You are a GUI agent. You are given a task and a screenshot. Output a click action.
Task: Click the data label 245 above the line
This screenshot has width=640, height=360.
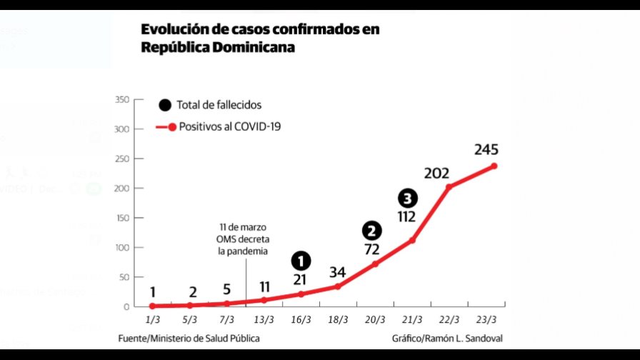click(x=485, y=150)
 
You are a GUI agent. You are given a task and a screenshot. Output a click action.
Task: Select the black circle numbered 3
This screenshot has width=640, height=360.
click(x=407, y=199)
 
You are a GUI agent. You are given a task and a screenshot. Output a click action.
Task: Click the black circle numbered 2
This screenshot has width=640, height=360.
click(x=372, y=231)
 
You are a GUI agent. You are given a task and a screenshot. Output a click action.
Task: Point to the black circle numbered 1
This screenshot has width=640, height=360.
click(x=301, y=261)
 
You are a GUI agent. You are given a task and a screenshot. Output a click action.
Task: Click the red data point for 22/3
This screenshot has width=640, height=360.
click(x=449, y=187)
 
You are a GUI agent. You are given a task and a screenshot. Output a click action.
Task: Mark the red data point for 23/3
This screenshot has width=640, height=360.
click(x=494, y=166)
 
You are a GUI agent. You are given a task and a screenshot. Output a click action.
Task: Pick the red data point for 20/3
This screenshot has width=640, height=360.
click(x=375, y=264)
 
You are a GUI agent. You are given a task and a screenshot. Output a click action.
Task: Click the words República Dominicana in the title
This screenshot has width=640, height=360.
click(x=218, y=48)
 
